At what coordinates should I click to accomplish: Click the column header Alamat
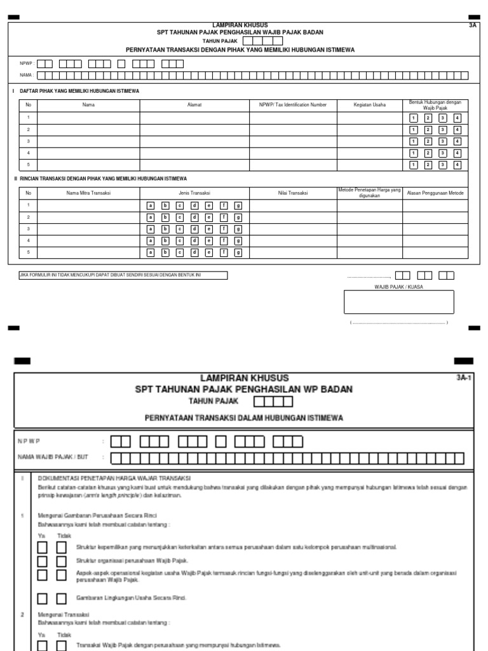tap(194, 104)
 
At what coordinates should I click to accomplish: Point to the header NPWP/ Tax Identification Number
tap(292, 104)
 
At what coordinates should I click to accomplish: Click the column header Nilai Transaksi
tap(292, 193)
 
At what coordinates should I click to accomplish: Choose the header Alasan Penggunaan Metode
tap(435, 193)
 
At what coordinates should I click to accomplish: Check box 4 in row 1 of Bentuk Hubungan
tap(457, 119)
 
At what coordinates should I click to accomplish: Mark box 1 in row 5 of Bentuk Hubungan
tap(413, 165)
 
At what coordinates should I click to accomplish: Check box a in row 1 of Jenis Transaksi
tap(151, 206)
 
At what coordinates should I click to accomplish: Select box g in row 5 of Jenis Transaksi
tap(238, 252)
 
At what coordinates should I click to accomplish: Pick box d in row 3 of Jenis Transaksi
tap(194, 229)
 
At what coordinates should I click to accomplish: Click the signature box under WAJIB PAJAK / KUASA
tap(399, 302)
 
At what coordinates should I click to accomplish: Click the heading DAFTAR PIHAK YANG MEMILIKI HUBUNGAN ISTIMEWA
tap(79, 91)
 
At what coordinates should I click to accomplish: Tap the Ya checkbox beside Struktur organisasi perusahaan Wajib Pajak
tap(42, 561)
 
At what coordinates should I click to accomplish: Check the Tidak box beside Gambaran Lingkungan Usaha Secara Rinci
tap(61, 598)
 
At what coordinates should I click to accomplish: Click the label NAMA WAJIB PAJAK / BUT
tap(53, 458)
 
